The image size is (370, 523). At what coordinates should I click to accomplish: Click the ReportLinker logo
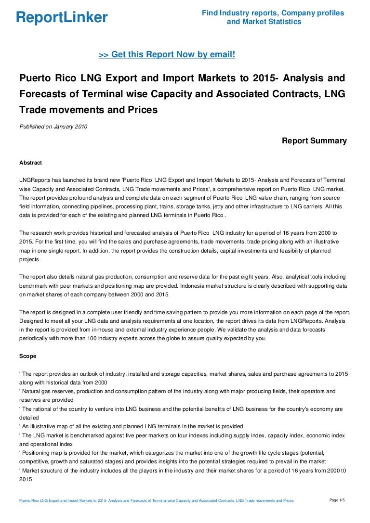[62, 18]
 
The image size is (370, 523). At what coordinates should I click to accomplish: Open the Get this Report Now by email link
[167, 55]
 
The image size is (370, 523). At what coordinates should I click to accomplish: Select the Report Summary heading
[314, 141]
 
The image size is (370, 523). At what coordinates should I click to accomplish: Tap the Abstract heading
[30, 163]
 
